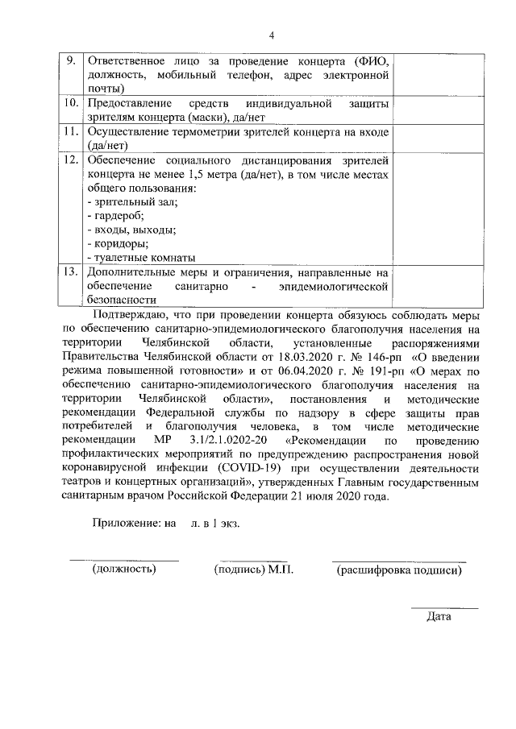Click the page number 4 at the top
(273, 35)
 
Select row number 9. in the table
(71, 62)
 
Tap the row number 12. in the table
(71, 161)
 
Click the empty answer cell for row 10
(439, 110)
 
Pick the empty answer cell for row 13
(439, 284)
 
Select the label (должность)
(123, 570)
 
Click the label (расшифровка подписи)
(398, 570)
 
